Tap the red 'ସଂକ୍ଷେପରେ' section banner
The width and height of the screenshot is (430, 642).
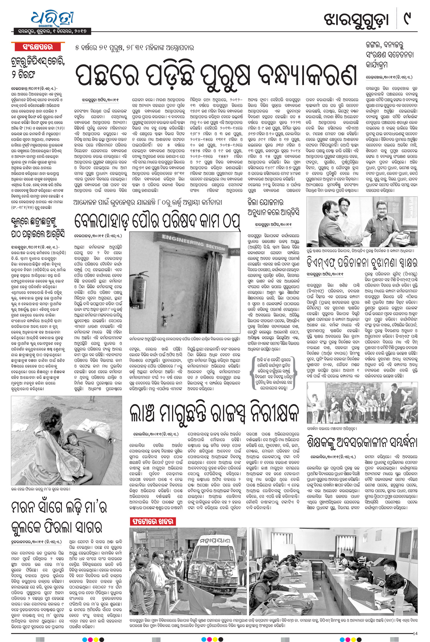pyautogui.click(x=38, y=47)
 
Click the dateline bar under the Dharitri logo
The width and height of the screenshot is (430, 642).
pyautogui.click(x=52, y=31)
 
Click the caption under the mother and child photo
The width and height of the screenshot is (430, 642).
pyautogui.click(x=40, y=489)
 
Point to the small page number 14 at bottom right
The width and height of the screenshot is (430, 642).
pyautogui.click(x=415, y=633)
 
